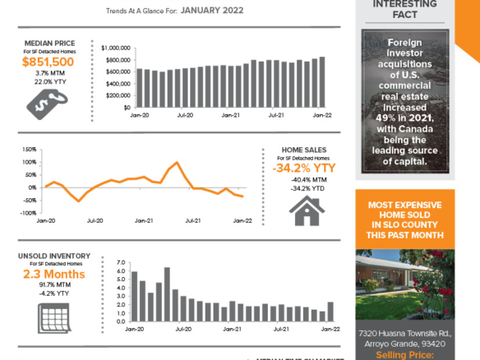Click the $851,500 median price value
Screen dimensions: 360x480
pos(48,62)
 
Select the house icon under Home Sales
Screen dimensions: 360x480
pos(304,210)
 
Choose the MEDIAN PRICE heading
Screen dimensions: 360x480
pos(48,43)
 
